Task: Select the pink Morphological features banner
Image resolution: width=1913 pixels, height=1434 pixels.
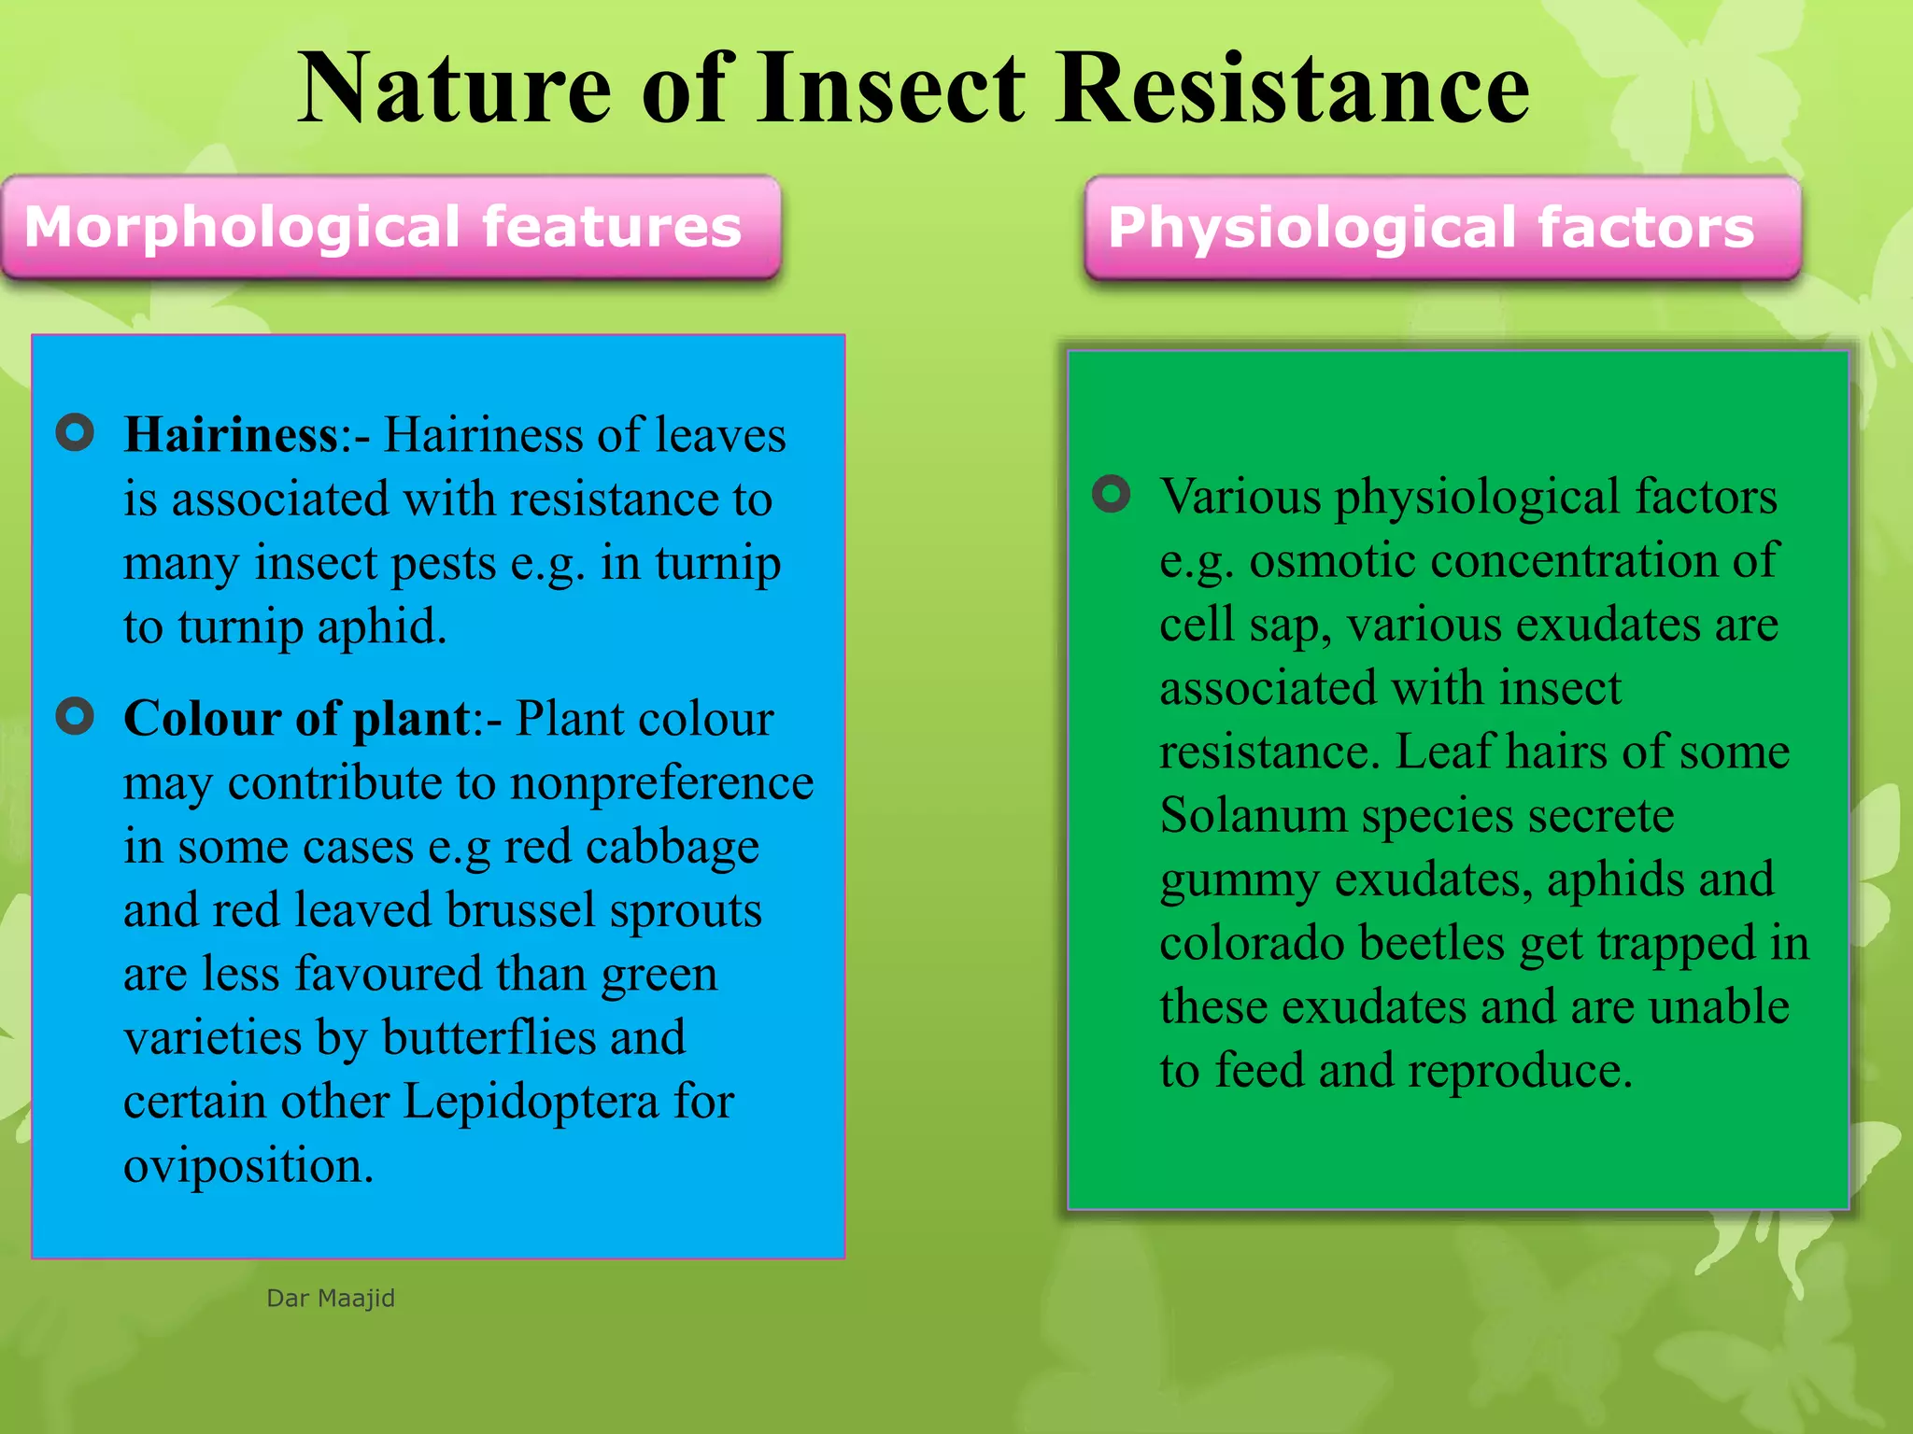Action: (x=390, y=227)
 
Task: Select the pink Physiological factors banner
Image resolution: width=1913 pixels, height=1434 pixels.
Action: (x=1441, y=228)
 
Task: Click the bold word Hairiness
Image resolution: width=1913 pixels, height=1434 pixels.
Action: (x=231, y=435)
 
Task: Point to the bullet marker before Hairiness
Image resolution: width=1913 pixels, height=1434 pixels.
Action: (x=75, y=433)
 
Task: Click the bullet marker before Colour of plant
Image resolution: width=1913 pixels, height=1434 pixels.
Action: (x=75, y=717)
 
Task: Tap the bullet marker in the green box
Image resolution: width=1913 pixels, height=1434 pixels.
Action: (x=1111, y=494)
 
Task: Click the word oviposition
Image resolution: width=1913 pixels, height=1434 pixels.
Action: (x=248, y=1166)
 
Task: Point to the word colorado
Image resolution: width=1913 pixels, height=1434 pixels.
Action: (x=1251, y=943)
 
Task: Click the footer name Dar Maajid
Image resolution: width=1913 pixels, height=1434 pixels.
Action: (x=331, y=1298)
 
